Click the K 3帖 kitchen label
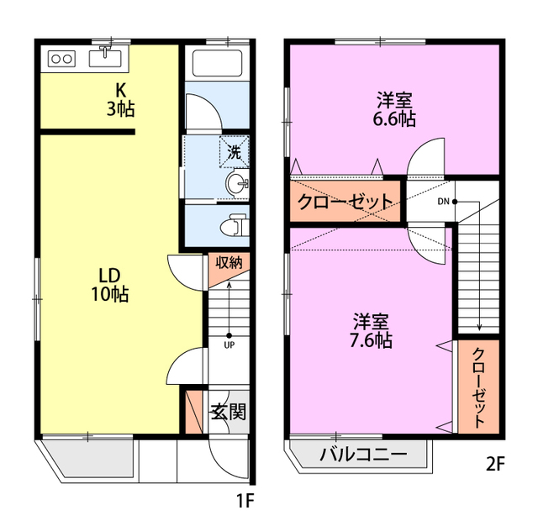(x=120, y=100)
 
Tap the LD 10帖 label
(x=110, y=285)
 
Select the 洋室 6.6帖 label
(x=394, y=109)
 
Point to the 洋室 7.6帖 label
(x=371, y=330)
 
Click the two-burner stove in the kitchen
(x=61, y=59)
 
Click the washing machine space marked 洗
(x=235, y=152)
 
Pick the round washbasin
(x=237, y=184)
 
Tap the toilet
(x=234, y=225)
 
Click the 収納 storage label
(x=229, y=262)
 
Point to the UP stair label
(x=229, y=345)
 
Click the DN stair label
(x=443, y=202)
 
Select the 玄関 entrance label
(x=229, y=412)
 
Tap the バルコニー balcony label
(x=363, y=455)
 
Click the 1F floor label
(x=245, y=502)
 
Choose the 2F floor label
(x=495, y=465)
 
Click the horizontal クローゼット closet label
(x=345, y=202)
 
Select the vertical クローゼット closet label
(x=479, y=387)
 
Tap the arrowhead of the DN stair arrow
(x=479, y=330)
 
